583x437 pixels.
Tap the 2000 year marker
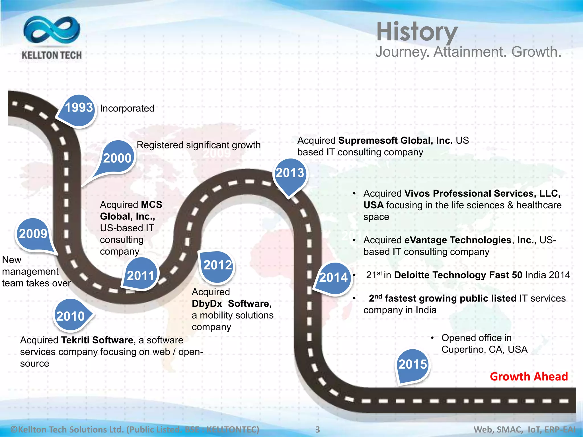pyautogui.click(x=117, y=158)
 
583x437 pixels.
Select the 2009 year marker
pyautogui.click(x=33, y=234)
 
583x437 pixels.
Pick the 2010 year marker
pyautogui.click(x=71, y=316)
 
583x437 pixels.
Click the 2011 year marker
pyautogui.click(x=140, y=275)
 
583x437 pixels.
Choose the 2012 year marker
pyautogui.click(x=218, y=265)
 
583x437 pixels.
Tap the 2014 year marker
pyautogui.click(x=333, y=277)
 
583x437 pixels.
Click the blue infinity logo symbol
pyautogui.click(x=52, y=31)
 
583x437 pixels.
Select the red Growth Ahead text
pyautogui.click(x=529, y=376)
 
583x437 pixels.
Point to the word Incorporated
pyautogui.click(x=127, y=108)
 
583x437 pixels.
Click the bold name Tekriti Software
pyautogui.click(x=97, y=340)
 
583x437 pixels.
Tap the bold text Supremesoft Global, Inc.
pyautogui.click(x=395, y=141)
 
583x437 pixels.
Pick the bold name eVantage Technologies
pyautogui.click(x=458, y=240)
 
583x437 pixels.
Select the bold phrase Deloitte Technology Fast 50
pyautogui.click(x=458, y=275)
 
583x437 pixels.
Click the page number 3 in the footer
pyautogui.click(x=317, y=429)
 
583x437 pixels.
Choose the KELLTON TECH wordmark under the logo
pyautogui.click(x=52, y=55)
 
